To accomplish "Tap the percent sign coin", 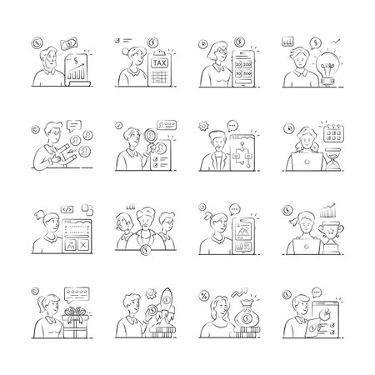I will coord(203,295).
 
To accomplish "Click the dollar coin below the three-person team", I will coord(146,248).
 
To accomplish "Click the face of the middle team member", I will coord(146,224).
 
